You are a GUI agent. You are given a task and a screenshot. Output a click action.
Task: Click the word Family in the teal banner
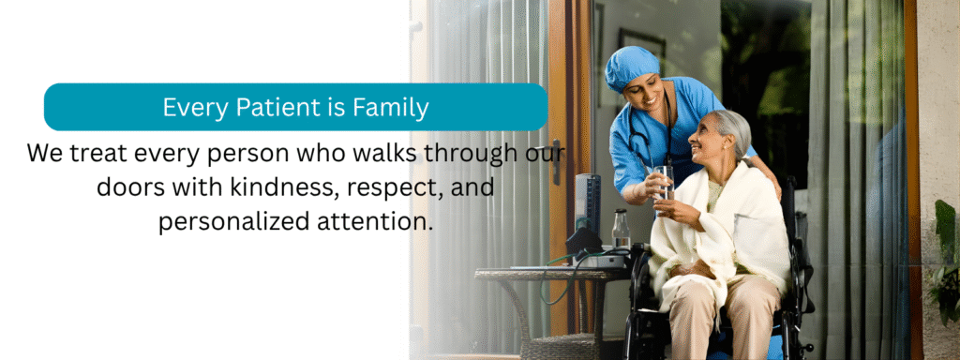[391, 108]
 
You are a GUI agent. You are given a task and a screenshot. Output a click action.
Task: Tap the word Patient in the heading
[273, 107]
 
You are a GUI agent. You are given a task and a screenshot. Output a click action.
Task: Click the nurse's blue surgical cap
[631, 67]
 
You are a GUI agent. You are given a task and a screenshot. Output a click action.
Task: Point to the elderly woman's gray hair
[731, 129]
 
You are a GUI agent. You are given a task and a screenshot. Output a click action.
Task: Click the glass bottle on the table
[621, 231]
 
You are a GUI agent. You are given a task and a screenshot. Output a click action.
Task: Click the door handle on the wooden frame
[556, 161]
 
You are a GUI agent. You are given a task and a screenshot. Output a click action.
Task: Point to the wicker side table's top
[551, 273]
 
